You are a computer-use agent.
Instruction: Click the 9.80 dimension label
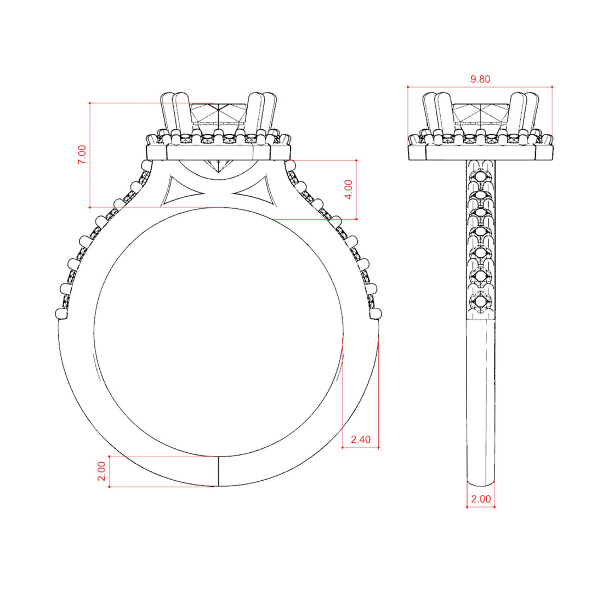pos(480,79)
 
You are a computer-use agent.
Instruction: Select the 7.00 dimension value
pos(82,155)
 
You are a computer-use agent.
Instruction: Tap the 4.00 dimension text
pos(349,190)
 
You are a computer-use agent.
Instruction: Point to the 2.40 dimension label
pos(361,440)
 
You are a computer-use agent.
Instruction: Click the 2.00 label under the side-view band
pos(481,499)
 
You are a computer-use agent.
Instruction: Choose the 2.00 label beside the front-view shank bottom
pos(101,471)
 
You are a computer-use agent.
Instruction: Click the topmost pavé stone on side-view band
pos(480,176)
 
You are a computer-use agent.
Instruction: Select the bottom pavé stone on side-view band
pos(480,301)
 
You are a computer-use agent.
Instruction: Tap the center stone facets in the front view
pos(219,113)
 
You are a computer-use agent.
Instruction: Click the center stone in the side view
pos(481,113)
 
